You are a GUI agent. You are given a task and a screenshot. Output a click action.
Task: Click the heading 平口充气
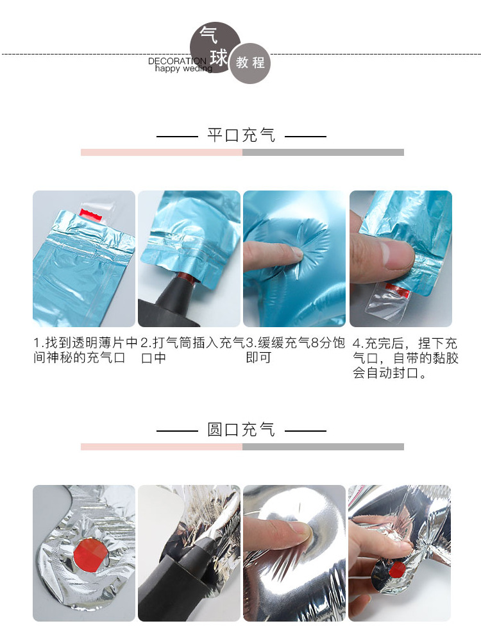(241, 135)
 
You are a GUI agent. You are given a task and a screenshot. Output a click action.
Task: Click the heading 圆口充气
(241, 429)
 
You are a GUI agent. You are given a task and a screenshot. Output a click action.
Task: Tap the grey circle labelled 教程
(250, 64)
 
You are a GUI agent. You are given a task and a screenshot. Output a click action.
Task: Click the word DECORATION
(177, 62)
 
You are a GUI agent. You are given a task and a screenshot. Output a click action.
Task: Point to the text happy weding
(183, 69)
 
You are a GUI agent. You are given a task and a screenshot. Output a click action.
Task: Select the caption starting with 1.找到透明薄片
(85, 350)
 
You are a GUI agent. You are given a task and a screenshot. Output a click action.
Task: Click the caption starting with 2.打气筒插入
(191, 350)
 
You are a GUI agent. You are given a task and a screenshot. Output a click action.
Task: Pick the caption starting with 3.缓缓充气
(296, 350)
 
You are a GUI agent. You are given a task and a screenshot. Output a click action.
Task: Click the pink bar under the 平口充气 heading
(161, 153)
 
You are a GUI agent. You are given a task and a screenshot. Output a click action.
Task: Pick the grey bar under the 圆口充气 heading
(323, 446)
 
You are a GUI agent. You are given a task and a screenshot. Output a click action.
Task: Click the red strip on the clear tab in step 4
(401, 292)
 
